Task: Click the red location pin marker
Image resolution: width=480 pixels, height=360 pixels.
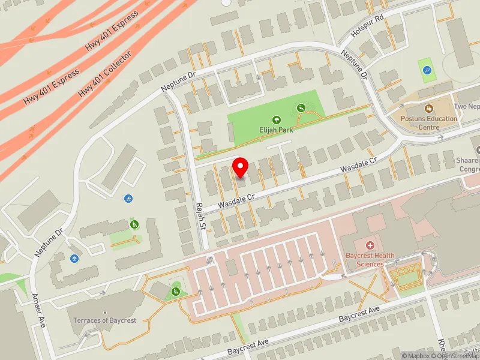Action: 241,167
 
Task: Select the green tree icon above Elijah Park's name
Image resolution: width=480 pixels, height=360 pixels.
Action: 276,119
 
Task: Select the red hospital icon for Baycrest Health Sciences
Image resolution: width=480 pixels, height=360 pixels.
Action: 370,245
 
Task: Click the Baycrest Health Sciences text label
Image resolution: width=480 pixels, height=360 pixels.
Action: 370,260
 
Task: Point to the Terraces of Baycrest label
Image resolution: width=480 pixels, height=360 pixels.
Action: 105,320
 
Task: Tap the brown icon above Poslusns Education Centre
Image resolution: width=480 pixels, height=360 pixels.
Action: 428,109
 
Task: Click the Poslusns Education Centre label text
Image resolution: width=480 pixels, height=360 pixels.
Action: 429,122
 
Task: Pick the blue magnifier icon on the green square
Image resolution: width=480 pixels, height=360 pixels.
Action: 427,70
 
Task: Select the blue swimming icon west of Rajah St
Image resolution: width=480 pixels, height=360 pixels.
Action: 129,199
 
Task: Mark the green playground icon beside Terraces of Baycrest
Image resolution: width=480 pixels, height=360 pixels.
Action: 176,292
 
